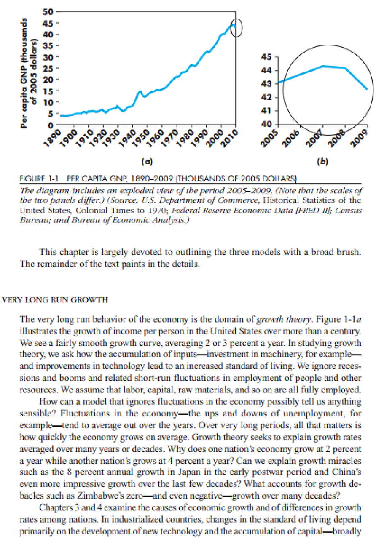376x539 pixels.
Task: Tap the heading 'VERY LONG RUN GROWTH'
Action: click(x=55, y=300)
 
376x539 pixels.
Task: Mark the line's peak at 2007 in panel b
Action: click(x=322, y=66)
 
